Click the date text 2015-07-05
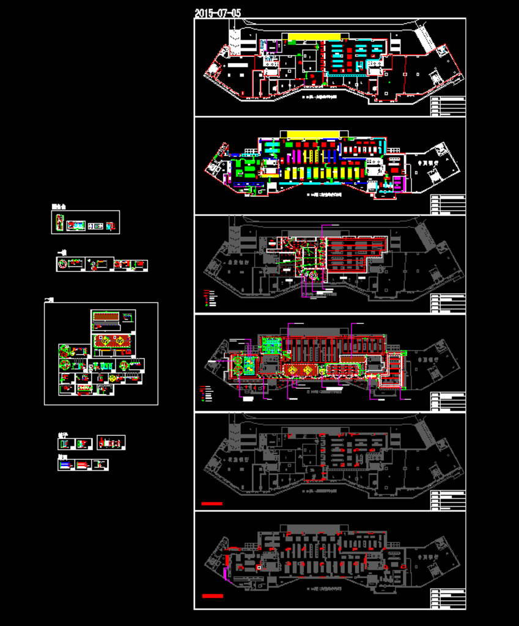(218, 13)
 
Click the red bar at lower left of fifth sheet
(212, 503)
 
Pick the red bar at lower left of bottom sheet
(212, 595)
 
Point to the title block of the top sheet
(448, 106)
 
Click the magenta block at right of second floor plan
(399, 183)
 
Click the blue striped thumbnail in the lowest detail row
(65, 465)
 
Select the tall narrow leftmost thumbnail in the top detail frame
(58, 223)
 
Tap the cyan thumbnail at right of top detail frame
(110, 226)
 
